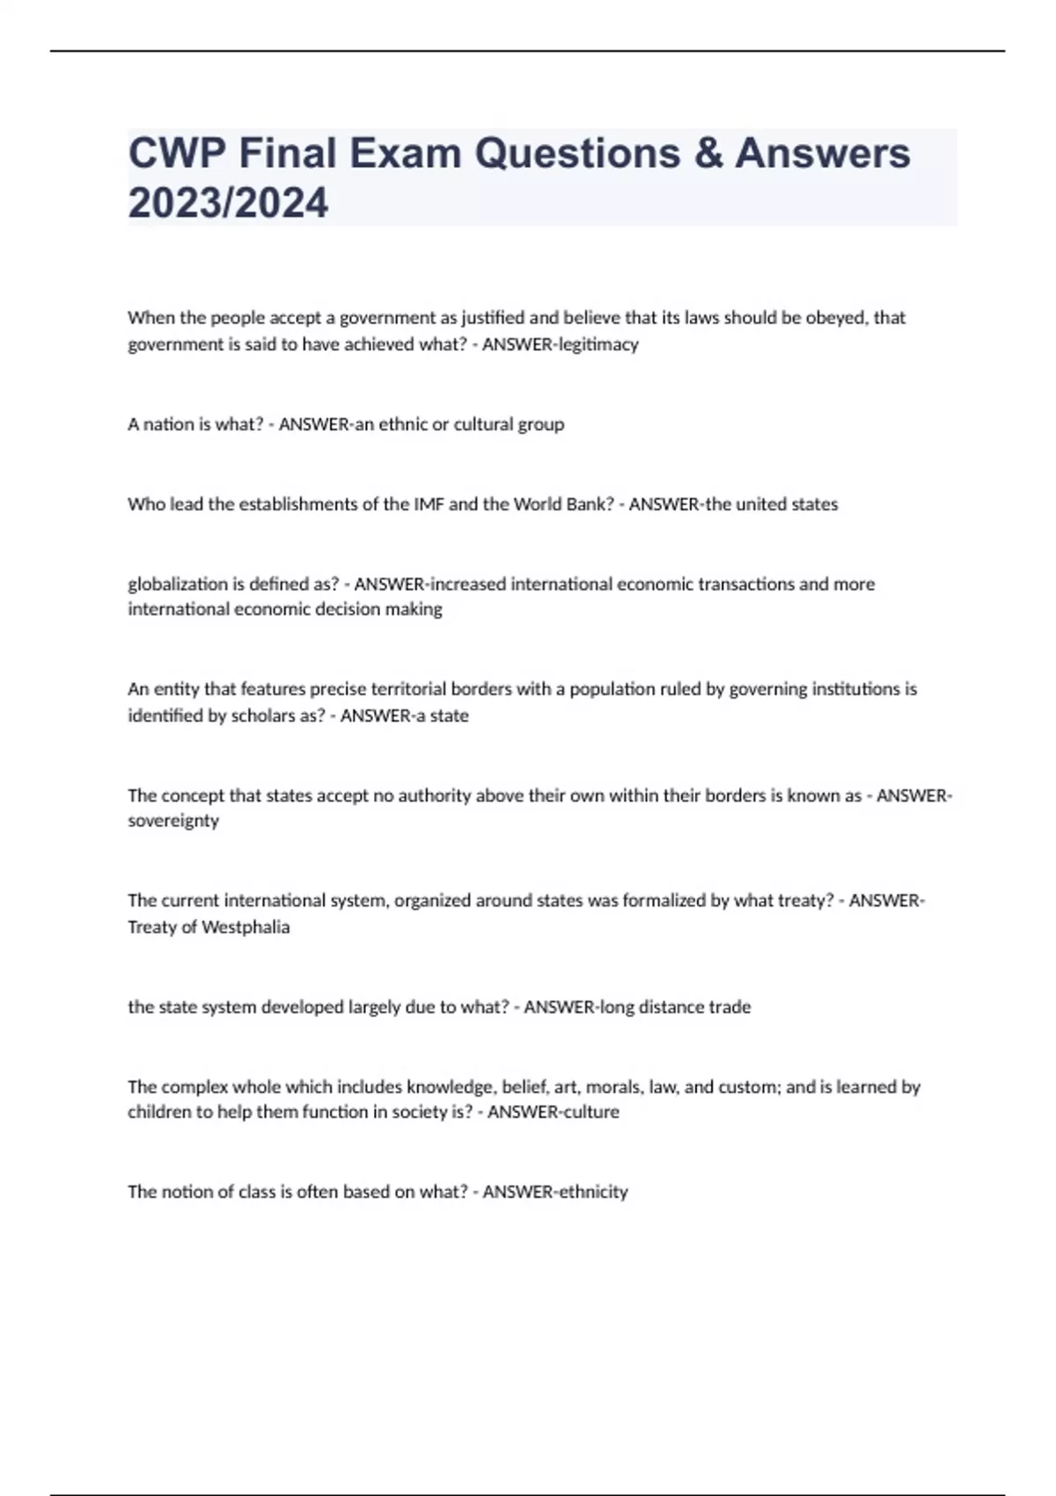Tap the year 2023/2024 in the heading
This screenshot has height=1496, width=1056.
point(228,203)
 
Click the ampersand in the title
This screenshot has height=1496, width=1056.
point(708,153)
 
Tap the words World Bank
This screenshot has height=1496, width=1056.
point(563,504)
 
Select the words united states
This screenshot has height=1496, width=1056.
point(787,504)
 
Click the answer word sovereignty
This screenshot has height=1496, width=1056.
point(173,821)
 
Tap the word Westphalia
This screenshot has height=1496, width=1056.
point(246,927)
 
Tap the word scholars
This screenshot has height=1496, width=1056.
point(262,715)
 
